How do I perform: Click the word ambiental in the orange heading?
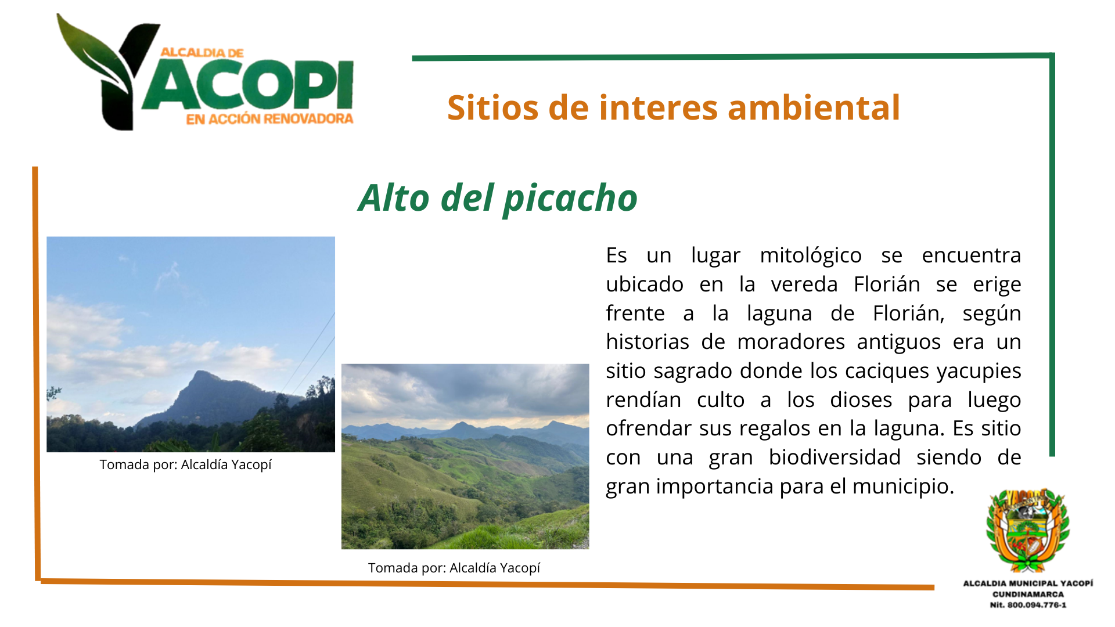814,108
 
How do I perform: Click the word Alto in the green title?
394,199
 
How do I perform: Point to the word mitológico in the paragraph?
811,256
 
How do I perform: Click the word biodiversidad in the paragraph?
835,457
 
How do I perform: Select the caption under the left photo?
185,465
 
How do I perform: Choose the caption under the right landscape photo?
454,568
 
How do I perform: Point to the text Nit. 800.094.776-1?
1028,605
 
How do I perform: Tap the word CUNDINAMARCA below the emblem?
1028,594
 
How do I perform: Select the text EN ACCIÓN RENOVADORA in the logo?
269,119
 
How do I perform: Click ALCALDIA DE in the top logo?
202,53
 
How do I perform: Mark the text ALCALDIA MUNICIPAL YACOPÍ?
1028,583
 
